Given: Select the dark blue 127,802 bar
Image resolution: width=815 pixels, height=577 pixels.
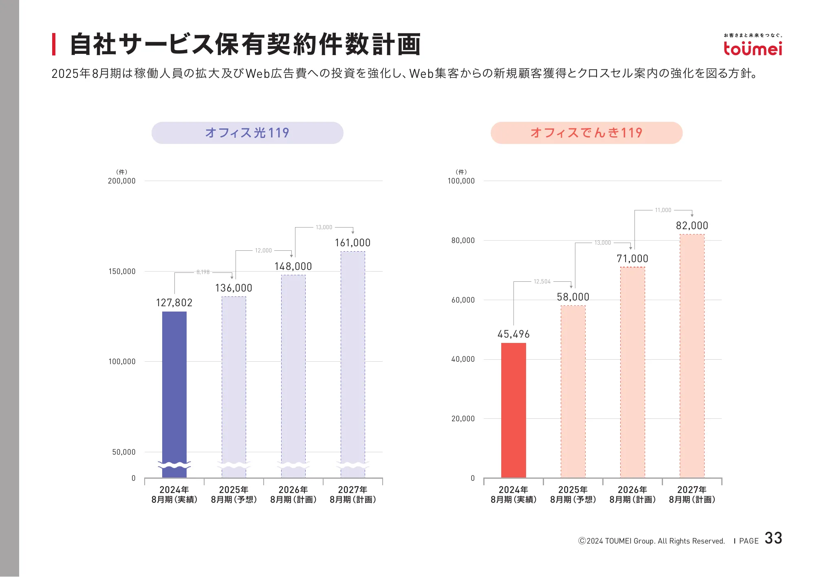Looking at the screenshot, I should [174, 391].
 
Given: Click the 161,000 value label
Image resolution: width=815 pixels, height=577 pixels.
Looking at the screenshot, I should [352, 243].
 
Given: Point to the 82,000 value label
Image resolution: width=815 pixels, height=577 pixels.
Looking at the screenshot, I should [692, 226].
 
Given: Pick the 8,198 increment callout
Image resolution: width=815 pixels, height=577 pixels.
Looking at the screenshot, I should [203, 272].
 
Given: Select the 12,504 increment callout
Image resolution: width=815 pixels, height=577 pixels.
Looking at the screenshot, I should [542, 282].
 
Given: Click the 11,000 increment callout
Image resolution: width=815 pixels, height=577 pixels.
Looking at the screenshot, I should [663, 210].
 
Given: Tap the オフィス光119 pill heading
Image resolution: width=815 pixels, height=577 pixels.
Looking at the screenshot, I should [247, 133].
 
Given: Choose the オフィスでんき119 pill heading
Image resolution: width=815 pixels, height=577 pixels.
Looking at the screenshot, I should [586, 133].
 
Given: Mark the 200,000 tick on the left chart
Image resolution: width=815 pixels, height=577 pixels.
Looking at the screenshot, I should [121, 181].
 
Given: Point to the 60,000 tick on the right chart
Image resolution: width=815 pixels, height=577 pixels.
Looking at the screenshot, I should [463, 300].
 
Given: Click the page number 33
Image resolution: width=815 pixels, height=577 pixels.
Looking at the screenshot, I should [773, 538].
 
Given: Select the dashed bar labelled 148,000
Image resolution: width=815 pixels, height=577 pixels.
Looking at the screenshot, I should [293, 375].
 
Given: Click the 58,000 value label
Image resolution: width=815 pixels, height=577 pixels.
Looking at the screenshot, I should [573, 297].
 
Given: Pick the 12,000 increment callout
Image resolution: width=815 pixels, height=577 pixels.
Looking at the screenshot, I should [263, 251].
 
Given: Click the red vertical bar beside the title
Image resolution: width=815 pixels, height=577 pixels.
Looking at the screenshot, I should [54, 44].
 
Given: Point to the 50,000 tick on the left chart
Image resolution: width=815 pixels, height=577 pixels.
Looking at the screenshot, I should [123, 452].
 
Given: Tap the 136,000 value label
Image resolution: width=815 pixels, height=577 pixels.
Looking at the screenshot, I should [233, 288].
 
